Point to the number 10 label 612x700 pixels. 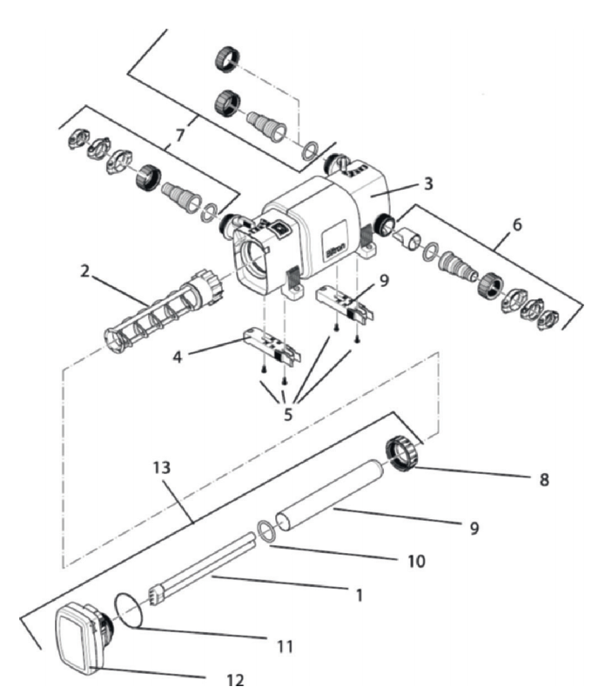416,562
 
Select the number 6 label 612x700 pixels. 517,224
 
